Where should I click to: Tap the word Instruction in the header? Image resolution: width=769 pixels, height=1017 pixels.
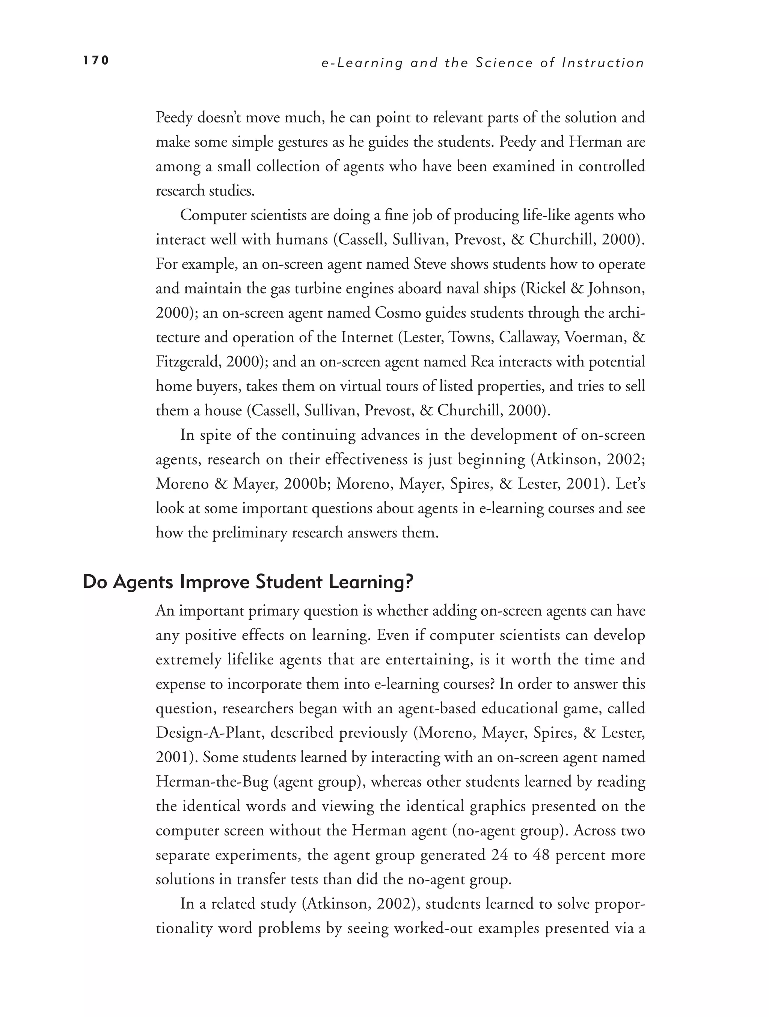603,63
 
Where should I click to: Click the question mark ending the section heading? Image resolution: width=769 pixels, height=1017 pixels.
409,582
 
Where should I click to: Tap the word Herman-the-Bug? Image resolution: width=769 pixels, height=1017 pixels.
212,782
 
